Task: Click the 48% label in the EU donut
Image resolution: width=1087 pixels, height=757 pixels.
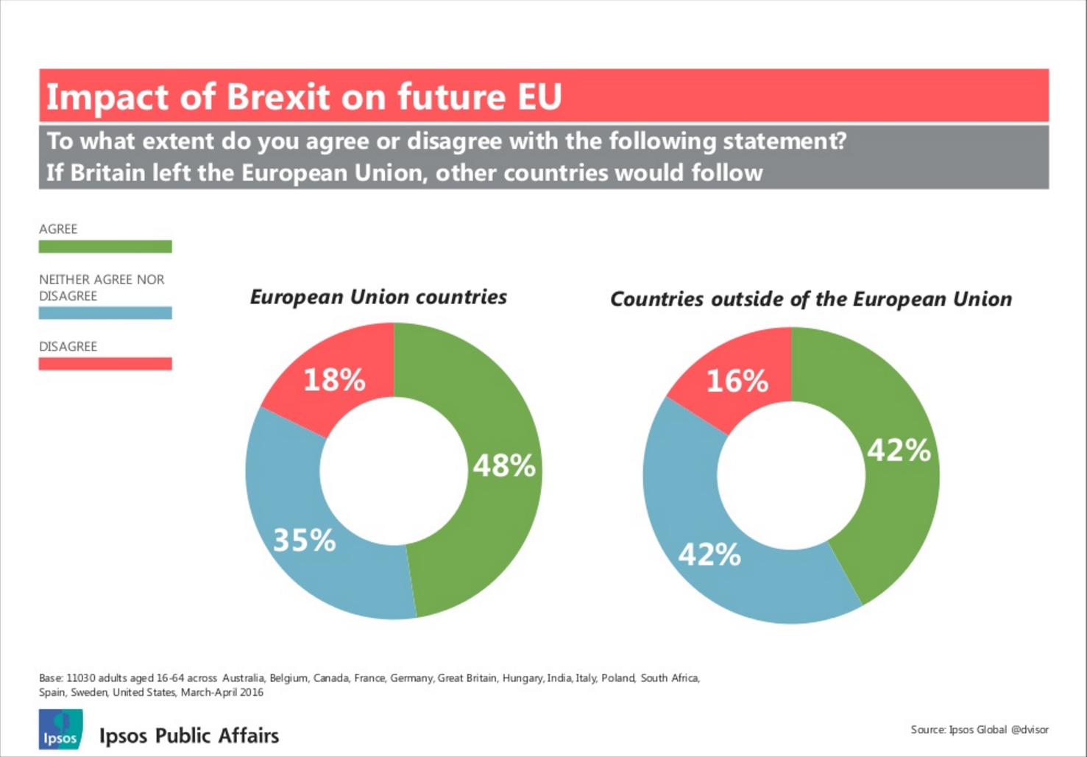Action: pyautogui.click(x=504, y=465)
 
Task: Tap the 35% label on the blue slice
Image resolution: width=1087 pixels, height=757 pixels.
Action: pyautogui.click(x=305, y=541)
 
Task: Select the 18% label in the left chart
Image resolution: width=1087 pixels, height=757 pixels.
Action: pyautogui.click(x=334, y=380)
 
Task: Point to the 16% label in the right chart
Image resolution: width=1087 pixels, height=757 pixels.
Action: pyautogui.click(x=737, y=381)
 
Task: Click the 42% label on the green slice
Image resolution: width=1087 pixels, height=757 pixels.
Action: pyautogui.click(x=899, y=450)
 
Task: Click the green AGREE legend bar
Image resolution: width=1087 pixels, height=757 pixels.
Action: pyautogui.click(x=105, y=247)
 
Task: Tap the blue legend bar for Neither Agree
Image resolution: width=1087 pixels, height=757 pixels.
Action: pyautogui.click(x=105, y=313)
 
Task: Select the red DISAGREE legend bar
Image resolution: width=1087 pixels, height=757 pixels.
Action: pyautogui.click(x=105, y=364)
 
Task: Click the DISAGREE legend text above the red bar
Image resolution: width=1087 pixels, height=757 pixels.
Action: pyautogui.click(x=68, y=346)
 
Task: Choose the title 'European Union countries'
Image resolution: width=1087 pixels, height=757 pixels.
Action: pyautogui.click(x=378, y=297)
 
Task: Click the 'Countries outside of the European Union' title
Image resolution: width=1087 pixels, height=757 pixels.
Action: pyautogui.click(x=811, y=299)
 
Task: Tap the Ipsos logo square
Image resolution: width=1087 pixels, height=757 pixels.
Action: pyautogui.click(x=60, y=730)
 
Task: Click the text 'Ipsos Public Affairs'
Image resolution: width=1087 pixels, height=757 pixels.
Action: pyautogui.click(x=189, y=736)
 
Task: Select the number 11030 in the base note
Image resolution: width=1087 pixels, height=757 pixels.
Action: pyautogui.click(x=81, y=677)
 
